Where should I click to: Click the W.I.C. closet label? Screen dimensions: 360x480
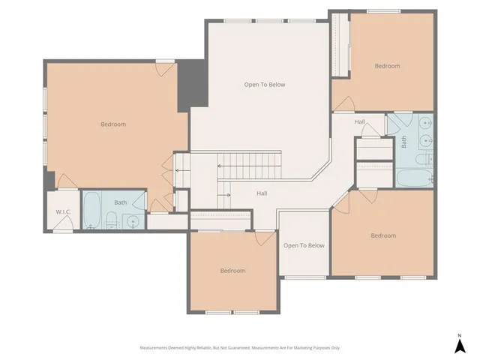[63, 211]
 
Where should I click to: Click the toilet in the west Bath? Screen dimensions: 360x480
[111, 220]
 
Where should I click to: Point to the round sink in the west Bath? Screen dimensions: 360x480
[134, 221]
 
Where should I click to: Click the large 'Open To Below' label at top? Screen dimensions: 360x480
[265, 85]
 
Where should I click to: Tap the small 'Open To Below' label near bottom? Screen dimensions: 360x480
[304, 245]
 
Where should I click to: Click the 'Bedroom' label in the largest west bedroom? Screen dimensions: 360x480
[113, 124]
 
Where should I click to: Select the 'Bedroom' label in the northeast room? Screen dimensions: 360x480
[387, 66]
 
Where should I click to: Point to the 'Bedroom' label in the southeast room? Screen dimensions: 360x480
[382, 235]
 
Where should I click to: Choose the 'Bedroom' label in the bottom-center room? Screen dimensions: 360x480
[232, 271]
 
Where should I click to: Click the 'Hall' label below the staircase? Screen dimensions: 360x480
[262, 193]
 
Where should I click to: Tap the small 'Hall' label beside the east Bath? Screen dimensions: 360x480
[360, 121]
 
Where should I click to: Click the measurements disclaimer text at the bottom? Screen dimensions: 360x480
[240, 347]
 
